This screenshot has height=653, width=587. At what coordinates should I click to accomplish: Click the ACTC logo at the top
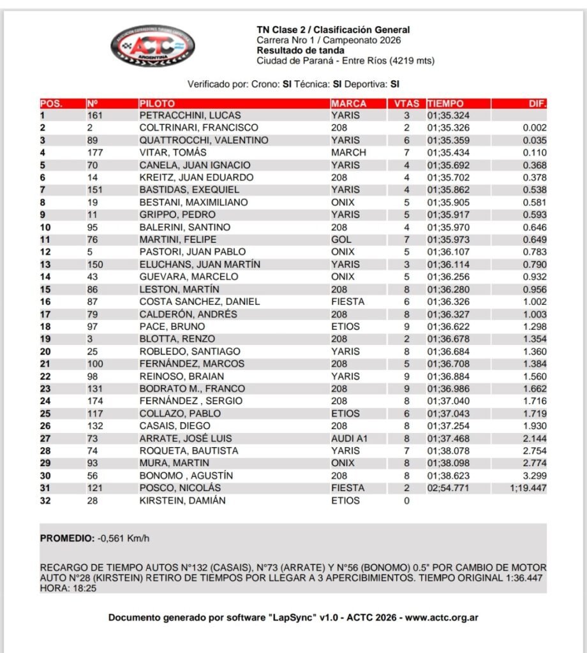(x=152, y=47)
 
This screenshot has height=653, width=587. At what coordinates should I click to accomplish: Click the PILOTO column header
(x=156, y=103)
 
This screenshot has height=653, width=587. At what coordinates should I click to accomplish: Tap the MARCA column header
(x=349, y=103)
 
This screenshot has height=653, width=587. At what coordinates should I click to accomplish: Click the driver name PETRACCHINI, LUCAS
(x=189, y=115)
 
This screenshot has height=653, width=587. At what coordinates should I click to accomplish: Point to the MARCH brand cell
(x=349, y=152)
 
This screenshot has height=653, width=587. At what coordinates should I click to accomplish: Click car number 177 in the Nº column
(x=95, y=152)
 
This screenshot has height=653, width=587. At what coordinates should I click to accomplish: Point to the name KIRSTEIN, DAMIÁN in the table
(x=182, y=501)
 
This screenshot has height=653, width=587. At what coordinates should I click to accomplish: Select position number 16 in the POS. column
(x=45, y=302)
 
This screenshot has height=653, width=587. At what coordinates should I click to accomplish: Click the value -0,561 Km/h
(x=124, y=538)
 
